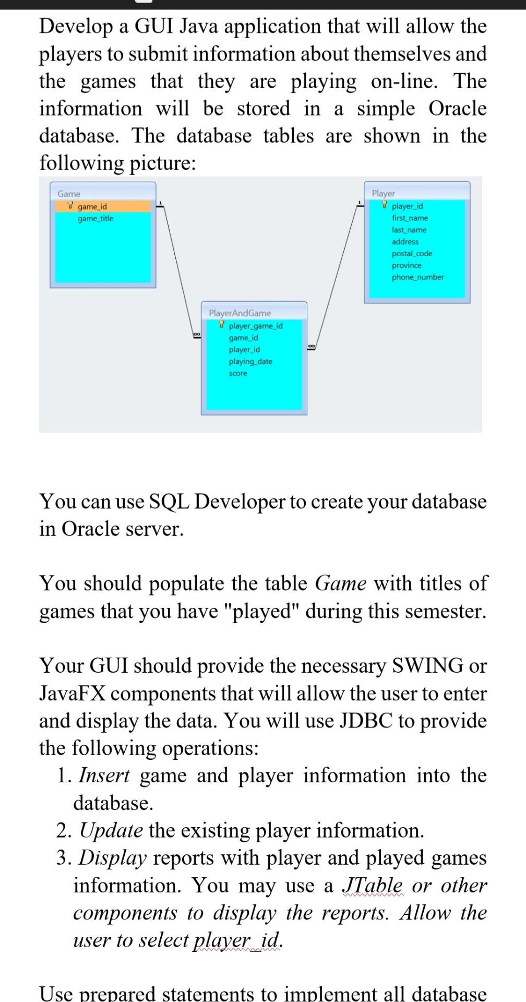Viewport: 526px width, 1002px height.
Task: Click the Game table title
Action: pyautogui.click(x=69, y=194)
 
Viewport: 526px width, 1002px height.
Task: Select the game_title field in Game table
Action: pyautogui.click(x=95, y=218)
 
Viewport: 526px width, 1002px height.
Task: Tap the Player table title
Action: pyautogui.click(x=383, y=193)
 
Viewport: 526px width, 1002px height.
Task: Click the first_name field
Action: pyautogui.click(x=410, y=218)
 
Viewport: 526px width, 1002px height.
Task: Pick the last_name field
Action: pyautogui.click(x=409, y=230)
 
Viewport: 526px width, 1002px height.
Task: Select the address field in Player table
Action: pyautogui.click(x=405, y=242)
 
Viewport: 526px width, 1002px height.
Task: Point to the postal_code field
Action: pyautogui.click(x=412, y=254)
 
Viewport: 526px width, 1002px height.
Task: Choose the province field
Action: pyautogui.click(x=407, y=265)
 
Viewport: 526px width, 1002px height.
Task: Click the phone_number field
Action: pyautogui.click(x=418, y=277)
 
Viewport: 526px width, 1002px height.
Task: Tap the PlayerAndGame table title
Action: pyautogui.click(x=240, y=313)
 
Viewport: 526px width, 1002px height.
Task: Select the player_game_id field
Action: pyautogui.click(x=256, y=326)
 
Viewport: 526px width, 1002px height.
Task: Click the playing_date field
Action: pyautogui.click(x=250, y=361)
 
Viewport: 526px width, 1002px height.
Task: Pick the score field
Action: pyautogui.click(x=238, y=373)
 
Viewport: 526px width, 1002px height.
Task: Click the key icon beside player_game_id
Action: pyautogui.click(x=222, y=325)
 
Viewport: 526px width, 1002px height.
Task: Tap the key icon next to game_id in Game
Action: pyautogui.click(x=71, y=206)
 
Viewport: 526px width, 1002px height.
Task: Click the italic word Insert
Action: pyautogui.click(x=104, y=776)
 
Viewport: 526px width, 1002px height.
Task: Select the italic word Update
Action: pyautogui.click(x=111, y=830)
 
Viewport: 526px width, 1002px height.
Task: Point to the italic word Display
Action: pyautogui.click(x=112, y=857)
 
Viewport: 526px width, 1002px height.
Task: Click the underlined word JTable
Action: pyautogui.click(x=372, y=885)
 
